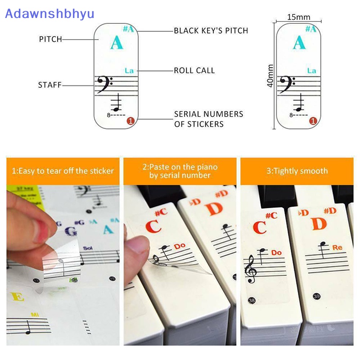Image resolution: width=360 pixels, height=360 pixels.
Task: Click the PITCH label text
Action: point(50,40)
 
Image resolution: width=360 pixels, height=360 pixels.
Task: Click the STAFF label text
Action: point(49,85)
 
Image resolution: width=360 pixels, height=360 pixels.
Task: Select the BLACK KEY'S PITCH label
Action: point(211,31)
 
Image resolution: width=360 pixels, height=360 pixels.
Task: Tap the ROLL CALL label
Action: point(194,71)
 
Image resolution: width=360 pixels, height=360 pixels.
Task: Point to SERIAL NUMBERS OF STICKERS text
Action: point(208,119)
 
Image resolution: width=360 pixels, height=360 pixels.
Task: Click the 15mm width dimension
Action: point(299,17)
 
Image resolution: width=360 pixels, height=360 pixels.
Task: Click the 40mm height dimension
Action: point(270,76)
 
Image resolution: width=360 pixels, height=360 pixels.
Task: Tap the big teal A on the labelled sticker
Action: point(116,43)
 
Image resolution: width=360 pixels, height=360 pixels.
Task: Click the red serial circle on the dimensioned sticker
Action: point(313,121)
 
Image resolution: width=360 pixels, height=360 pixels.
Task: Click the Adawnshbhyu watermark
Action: point(49,13)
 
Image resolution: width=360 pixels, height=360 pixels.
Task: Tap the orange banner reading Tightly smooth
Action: point(297,171)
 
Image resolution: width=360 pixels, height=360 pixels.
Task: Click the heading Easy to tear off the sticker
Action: point(63,171)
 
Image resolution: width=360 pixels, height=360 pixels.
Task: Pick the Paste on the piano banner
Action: point(180,171)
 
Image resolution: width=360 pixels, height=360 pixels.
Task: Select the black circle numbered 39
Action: point(317,296)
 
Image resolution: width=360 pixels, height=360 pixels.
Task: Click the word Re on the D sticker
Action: point(337,247)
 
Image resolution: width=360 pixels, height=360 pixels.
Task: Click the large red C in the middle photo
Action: point(153,225)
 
